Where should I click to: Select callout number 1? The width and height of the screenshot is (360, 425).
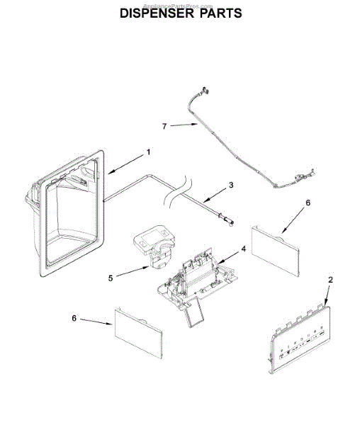pyautogui.click(x=149, y=152)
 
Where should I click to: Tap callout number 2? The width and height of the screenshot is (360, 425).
pyautogui.click(x=330, y=280)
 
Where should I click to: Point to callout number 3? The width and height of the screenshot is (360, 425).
pyautogui.click(x=230, y=186)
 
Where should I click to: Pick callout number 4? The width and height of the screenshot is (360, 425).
pyautogui.click(x=243, y=249)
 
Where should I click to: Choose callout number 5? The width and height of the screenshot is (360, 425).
pyautogui.click(x=110, y=278)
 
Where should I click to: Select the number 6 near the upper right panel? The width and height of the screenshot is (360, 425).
pyautogui.click(x=308, y=202)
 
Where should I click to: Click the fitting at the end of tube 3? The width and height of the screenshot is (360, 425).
pyautogui.click(x=228, y=221)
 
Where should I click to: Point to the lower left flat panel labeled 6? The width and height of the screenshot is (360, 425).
pyautogui.click(x=137, y=332)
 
